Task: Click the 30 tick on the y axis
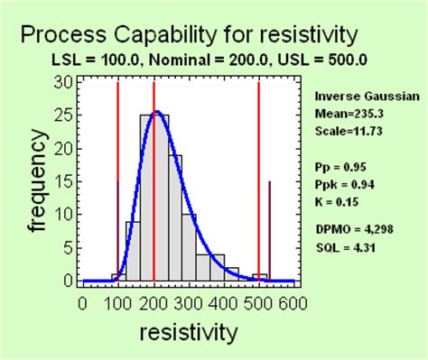tap(67, 81)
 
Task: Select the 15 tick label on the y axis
tap(67, 181)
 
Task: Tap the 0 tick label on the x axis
tap(83, 303)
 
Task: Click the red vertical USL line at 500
tap(259, 180)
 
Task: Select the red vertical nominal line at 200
tap(154, 180)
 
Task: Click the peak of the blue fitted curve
tap(157, 113)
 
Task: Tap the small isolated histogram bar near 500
tap(259, 277)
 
